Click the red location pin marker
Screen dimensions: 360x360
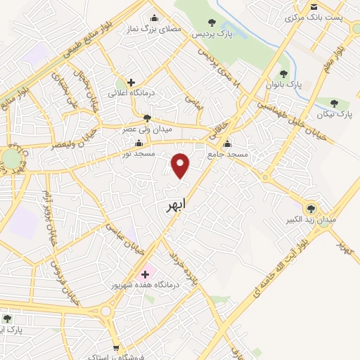point(181,165)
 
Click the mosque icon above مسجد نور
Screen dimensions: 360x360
point(138,142)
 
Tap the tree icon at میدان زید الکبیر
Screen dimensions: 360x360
point(310,208)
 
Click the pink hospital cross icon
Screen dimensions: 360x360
point(145,274)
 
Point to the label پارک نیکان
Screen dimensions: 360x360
point(335,112)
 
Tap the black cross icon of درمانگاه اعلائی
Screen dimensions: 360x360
point(131,82)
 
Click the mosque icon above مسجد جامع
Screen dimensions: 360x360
point(226,142)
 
